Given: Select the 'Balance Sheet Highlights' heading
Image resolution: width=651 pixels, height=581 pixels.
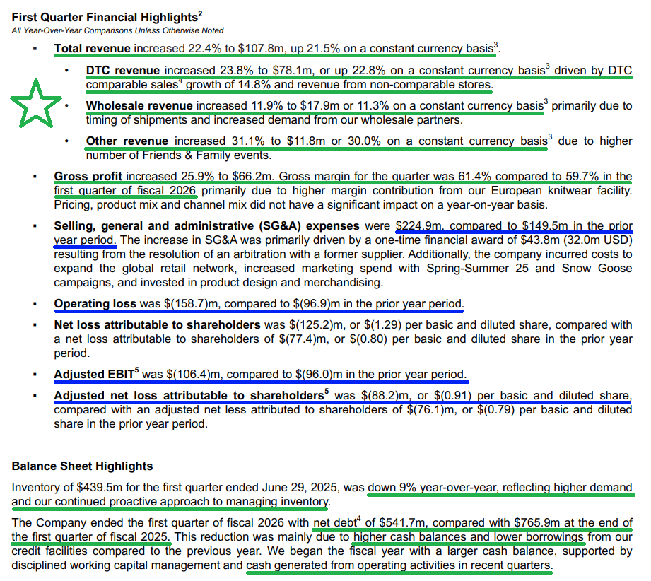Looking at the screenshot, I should [x=82, y=466].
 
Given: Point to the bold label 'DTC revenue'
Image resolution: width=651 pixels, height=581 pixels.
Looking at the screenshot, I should [x=123, y=71].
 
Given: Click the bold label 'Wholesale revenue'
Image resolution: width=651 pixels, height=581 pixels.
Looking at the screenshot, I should [x=139, y=106].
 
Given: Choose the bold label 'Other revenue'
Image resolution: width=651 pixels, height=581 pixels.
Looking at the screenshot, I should [x=127, y=141].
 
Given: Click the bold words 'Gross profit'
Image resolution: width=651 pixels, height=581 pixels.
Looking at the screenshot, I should [x=88, y=177].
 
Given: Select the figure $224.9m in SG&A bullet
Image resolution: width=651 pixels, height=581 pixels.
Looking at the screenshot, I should [x=420, y=226].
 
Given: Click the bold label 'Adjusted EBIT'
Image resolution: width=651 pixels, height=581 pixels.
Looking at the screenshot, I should [x=98, y=374].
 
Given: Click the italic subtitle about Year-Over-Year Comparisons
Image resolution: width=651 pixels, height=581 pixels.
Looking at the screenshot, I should [x=117, y=30].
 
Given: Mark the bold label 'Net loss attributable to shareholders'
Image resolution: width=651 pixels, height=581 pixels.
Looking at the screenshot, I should [x=157, y=325].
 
